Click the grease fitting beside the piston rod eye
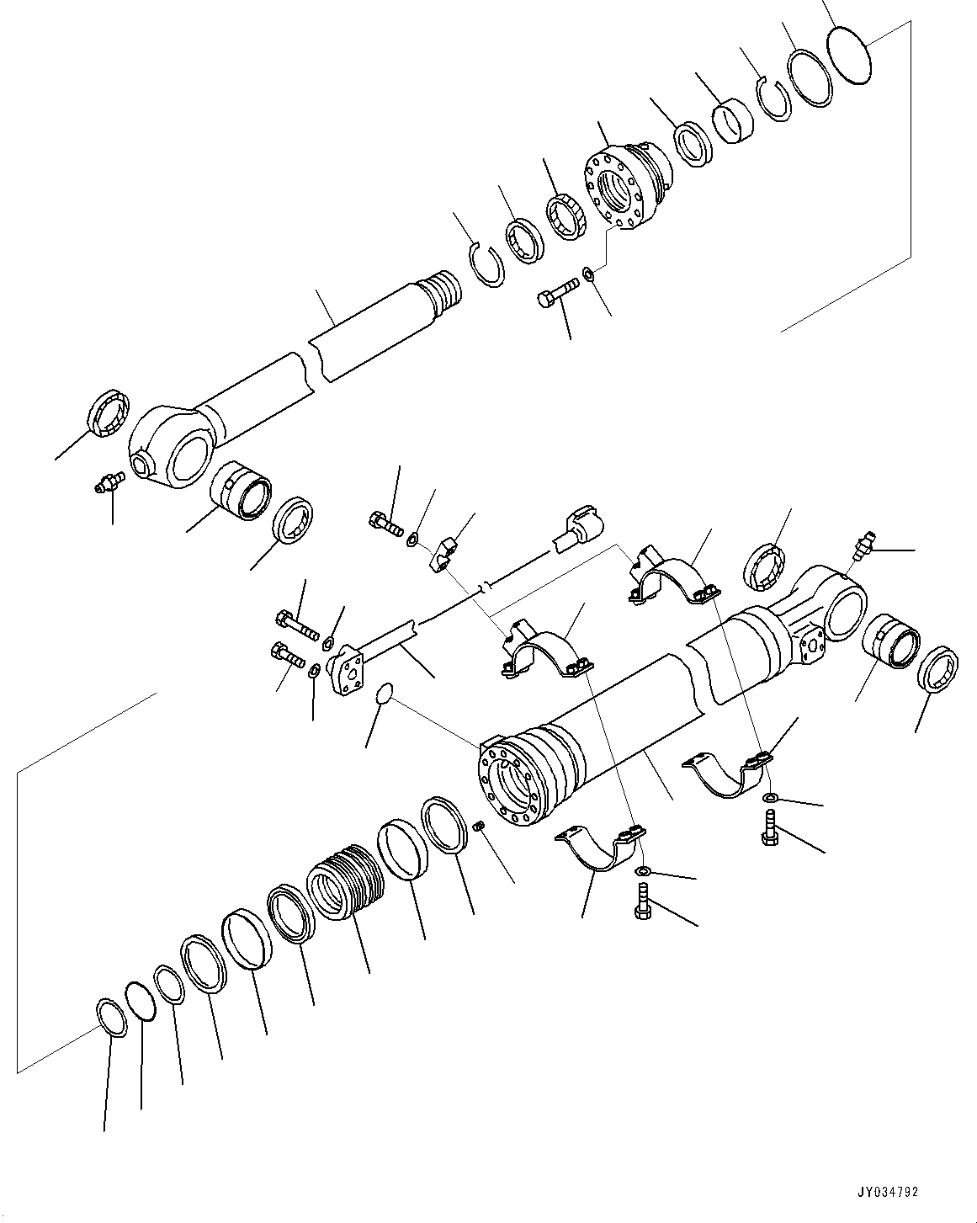[109, 482]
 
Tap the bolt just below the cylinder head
[556, 296]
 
